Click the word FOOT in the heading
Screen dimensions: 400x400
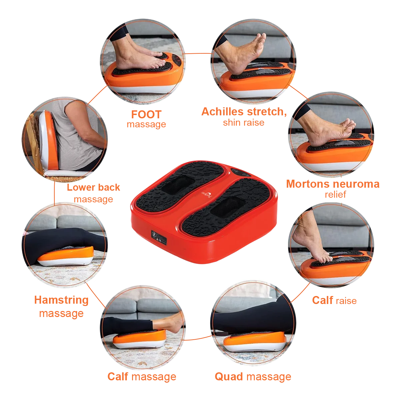click(x=146, y=115)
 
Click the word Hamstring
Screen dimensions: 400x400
click(x=61, y=300)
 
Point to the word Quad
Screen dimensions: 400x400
click(x=229, y=377)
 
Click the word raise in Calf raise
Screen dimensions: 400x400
click(x=346, y=301)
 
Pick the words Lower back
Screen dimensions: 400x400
click(x=93, y=187)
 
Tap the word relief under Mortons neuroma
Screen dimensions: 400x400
click(x=335, y=194)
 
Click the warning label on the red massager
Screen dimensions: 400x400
click(x=159, y=237)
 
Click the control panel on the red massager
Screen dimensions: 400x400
click(x=241, y=172)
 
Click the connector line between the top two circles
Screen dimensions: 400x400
click(x=198, y=53)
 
